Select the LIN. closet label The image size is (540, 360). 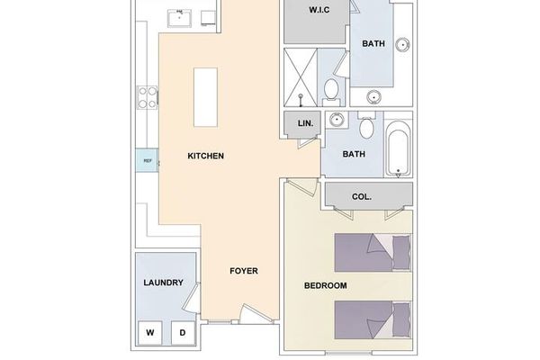click(301, 123)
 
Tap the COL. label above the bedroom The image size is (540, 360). click(362, 195)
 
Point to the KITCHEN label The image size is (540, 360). click(205, 156)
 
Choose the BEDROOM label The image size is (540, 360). click(325, 285)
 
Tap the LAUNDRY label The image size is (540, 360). click(164, 283)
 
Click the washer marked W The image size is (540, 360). click(150, 332)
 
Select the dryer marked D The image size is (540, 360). click(182, 332)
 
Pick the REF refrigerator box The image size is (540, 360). click(147, 161)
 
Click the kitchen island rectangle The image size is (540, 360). click(207, 98)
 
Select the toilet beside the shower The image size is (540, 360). click(331, 88)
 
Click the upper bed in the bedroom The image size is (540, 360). click(372, 252)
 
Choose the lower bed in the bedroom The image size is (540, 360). click(372, 319)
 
